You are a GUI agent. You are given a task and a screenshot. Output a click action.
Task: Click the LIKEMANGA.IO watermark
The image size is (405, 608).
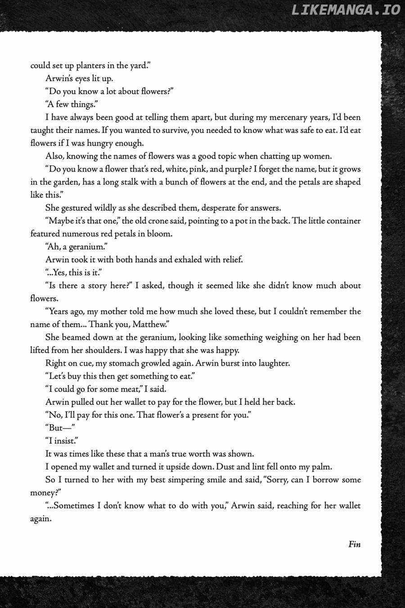pyautogui.click(x=346, y=9)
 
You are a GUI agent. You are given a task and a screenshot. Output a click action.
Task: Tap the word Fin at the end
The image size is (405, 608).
pyautogui.click(x=354, y=544)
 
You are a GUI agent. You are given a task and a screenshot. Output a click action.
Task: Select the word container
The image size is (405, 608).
pyautogui.click(x=340, y=221)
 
